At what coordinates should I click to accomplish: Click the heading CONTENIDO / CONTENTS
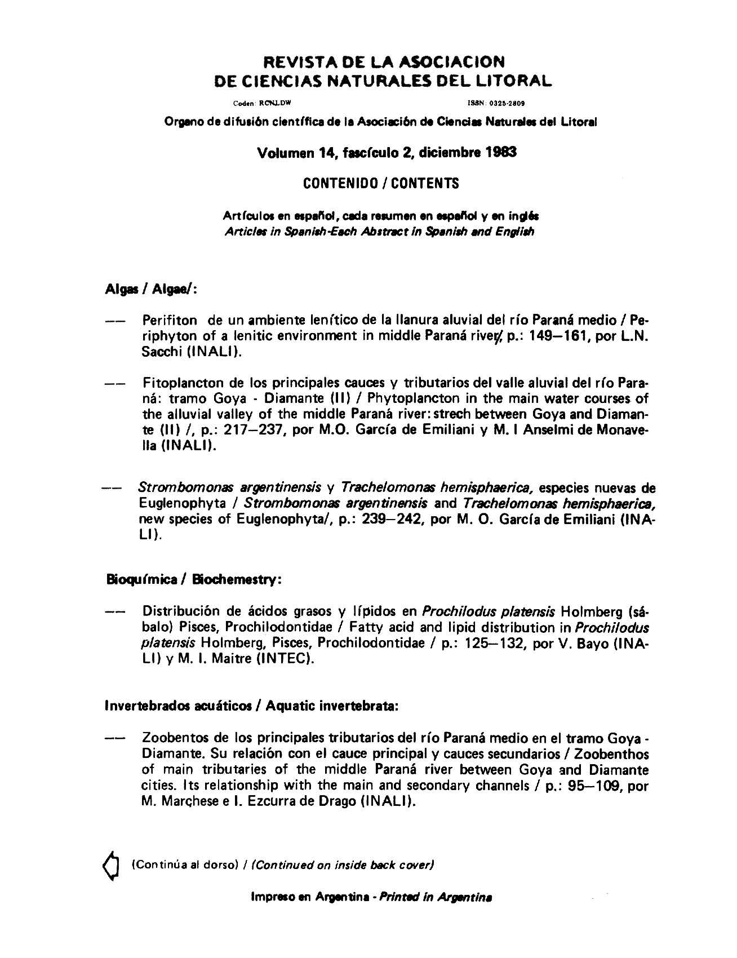click(381, 184)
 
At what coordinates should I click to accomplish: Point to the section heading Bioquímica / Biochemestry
click(193, 580)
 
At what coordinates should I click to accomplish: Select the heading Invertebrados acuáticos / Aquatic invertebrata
click(252, 706)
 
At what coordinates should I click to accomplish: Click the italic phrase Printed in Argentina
click(437, 897)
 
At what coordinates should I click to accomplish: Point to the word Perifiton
click(170, 321)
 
